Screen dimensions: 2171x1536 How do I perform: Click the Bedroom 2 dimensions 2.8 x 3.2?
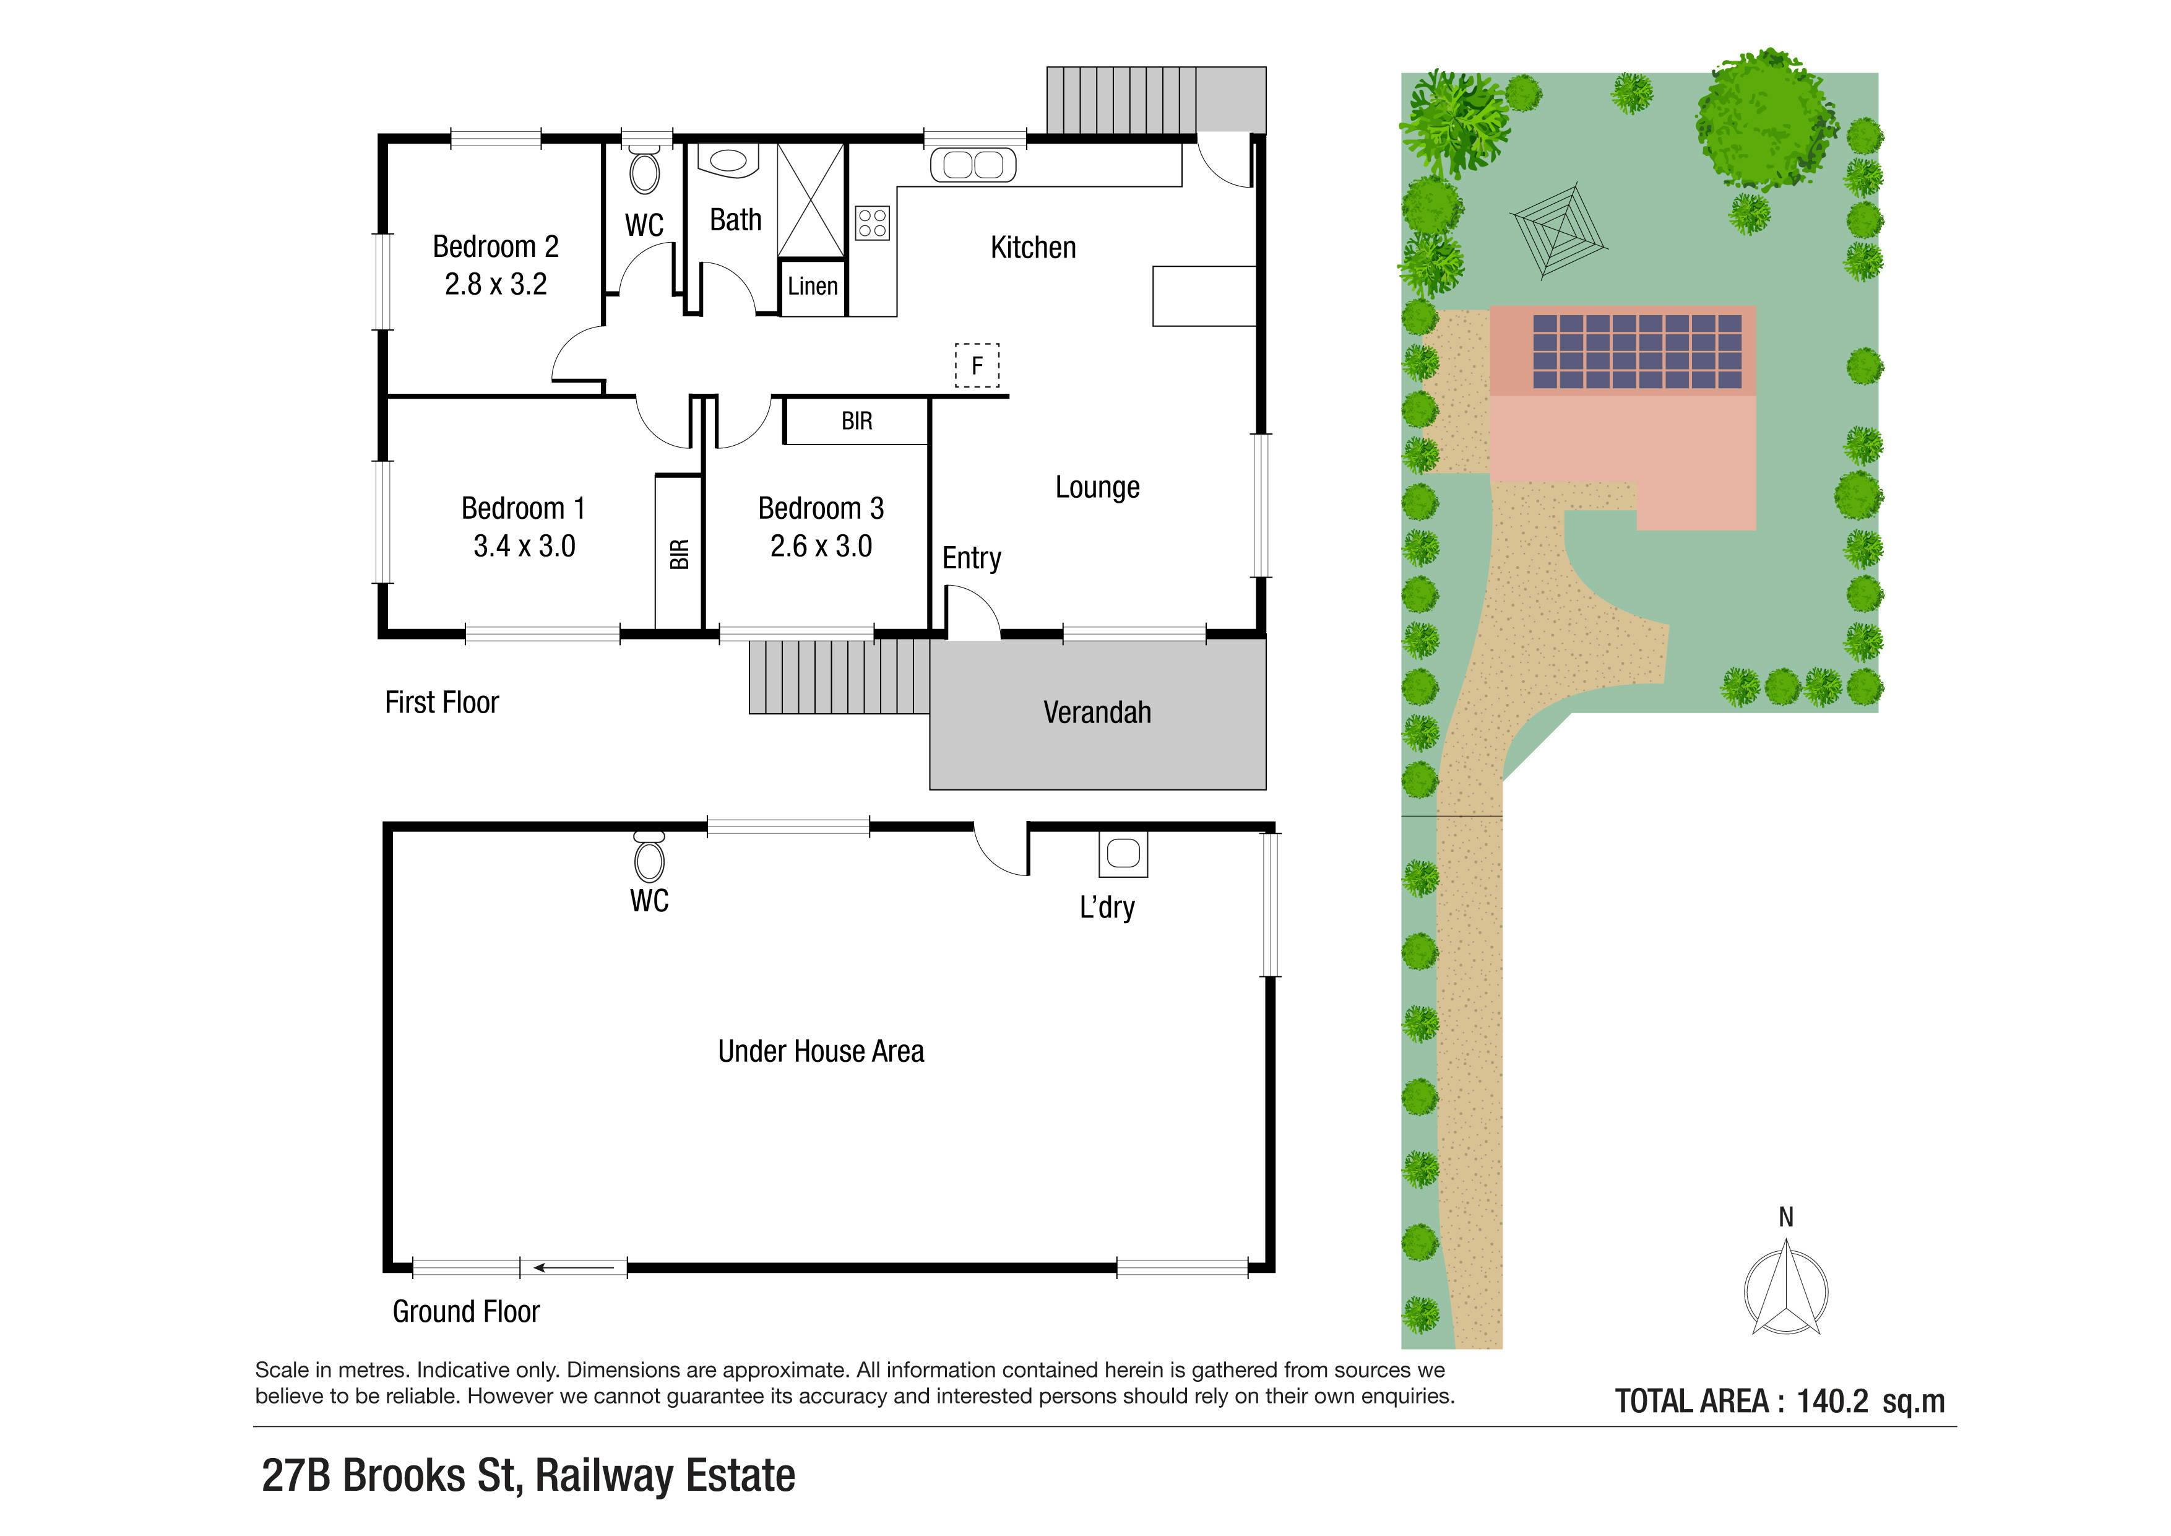click(x=496, y=284)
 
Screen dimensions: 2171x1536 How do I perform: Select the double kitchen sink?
click(x=973, y=165)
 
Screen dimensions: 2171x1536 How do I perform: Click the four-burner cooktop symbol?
click(x=872, y=223)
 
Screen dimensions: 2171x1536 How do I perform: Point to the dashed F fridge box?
click(x=977, y=365)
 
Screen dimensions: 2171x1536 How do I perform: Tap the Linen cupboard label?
click(x=812, y=285)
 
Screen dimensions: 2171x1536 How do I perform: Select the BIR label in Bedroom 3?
click(x=857, y=421)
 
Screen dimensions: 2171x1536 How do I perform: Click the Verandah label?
click(x=1097, y=712)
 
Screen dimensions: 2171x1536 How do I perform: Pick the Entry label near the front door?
click(x=971, y=558)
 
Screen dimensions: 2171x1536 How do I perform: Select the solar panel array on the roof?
click(x=1637, y=352)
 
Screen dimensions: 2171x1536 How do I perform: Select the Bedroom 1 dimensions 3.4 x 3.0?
click(x=524, y=545)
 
